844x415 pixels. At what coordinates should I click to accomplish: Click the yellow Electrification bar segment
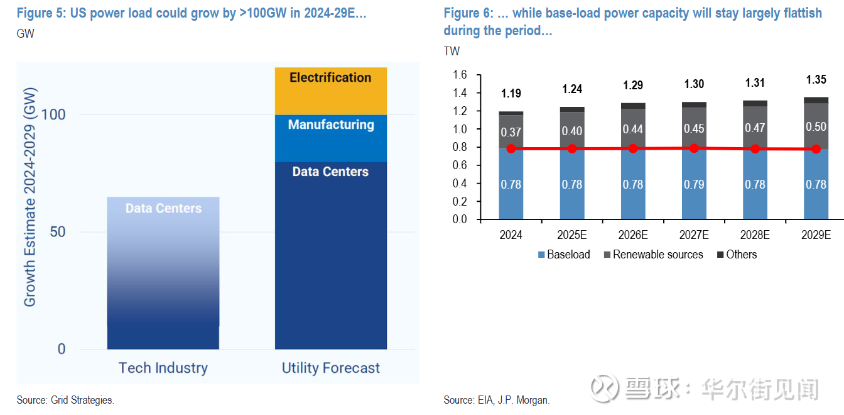(331, 91)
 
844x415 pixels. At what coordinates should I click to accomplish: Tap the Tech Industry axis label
(163, 368)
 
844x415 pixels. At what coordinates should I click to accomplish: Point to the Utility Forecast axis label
(331, 368)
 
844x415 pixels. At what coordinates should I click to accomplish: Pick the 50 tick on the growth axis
(57, 232)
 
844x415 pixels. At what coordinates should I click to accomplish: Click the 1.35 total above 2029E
(816, 80)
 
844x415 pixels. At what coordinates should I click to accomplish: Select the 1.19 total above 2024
(511, 94)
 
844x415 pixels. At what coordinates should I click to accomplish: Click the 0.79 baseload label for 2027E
(694, 184)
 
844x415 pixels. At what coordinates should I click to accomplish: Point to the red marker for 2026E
(633, 148)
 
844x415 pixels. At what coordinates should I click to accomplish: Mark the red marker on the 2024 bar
(511, 148)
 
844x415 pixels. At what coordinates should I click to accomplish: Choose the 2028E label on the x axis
(755, 235)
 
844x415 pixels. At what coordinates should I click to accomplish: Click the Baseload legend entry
(564, 255)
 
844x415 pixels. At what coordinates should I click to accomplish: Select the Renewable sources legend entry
(653, 255)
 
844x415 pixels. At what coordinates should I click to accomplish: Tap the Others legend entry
(737, 255)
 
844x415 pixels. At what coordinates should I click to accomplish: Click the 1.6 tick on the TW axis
(460, 75)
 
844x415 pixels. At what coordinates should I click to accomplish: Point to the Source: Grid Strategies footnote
(65, 400)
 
